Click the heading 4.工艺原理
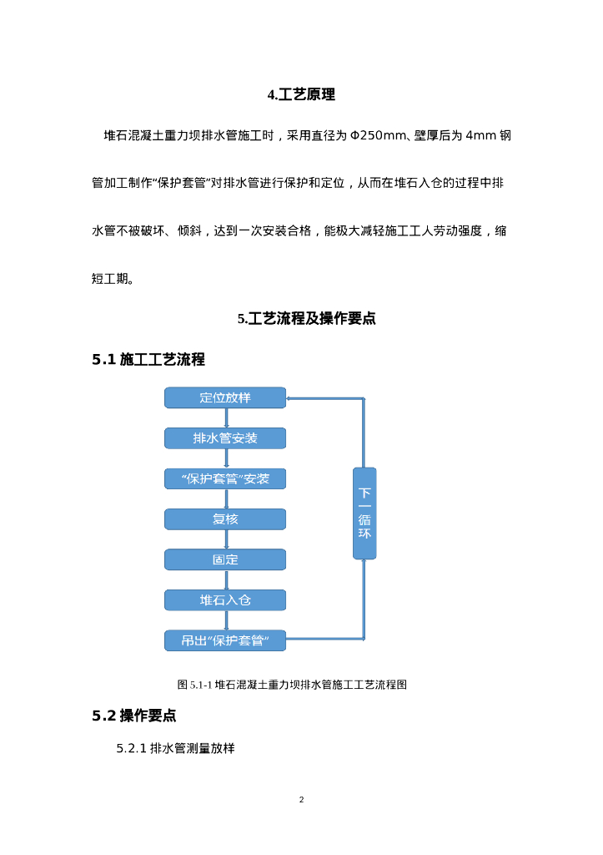[x=301, y=95]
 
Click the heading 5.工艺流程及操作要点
[x=306, y=318]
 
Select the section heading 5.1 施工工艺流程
[x=148, y=360]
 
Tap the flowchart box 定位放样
[x=225, y=397]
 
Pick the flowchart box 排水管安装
[x=225, y=438]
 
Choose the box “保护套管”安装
[x=225, y=478]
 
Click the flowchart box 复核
[x=225, y=519]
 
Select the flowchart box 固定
[x=225, y=559]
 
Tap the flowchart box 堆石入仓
[x=225, y=600]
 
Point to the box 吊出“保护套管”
[x=225, y=640]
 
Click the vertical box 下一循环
[x=364, y=513]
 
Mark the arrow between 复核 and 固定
[x=226, y=539]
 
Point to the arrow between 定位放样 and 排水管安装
[x=226, y=418]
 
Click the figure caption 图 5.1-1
[x=292, y=685]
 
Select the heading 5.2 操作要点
[x=134, y=716]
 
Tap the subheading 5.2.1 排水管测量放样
[x=175, y=748]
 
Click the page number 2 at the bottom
[x=301, y=800]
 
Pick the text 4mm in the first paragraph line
[x=480, y=136]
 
